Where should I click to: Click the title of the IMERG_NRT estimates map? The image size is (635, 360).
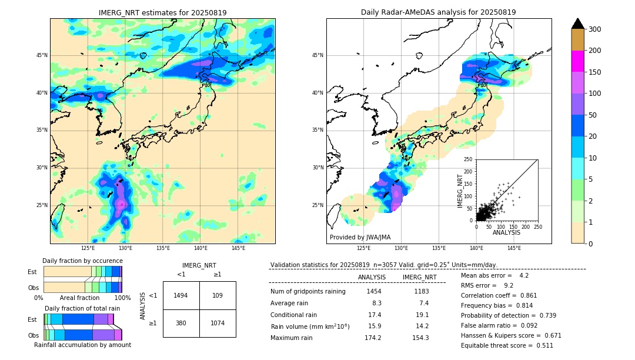tap(162, 12)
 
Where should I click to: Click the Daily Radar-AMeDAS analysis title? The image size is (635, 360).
tap(438, 12)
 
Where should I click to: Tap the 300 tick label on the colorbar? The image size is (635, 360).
tap(595, 29)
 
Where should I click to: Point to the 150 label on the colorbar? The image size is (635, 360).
tap(595, 72)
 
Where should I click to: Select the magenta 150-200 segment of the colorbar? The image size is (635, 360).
tap(577, 61)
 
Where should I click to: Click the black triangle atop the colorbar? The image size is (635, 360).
tap(577, 24)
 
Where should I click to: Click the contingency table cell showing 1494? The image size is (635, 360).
tap(181, 295)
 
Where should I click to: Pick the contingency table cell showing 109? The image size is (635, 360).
tap(218, 295)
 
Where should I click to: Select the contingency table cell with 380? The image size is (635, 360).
tap(181, 323)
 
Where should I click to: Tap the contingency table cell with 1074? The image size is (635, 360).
tap(218, 323)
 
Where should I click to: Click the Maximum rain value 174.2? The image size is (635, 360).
tap(373, 338)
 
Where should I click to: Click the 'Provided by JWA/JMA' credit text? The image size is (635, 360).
tap(360, 238)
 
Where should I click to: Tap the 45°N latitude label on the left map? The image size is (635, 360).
tap(42, 55)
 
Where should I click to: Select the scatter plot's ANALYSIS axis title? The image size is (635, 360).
tap(506, 232)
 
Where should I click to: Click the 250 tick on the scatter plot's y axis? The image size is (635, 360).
tap(468, 159)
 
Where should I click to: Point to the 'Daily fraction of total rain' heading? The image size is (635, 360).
tap(82, 308)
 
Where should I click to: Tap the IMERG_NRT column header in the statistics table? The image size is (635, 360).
tap(419, 277)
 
